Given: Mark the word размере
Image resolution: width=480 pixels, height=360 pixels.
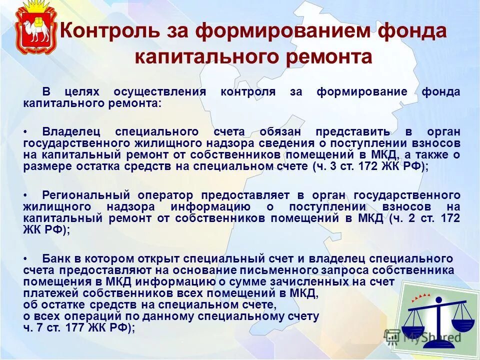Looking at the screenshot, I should [48, 167].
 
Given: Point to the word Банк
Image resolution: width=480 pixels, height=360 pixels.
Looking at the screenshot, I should [56, 258].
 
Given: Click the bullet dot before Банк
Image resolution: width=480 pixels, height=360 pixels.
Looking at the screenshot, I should [26, 258].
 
